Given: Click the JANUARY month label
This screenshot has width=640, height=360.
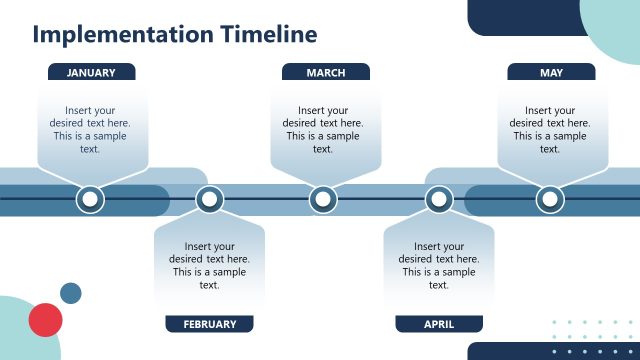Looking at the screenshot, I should coord(91,72).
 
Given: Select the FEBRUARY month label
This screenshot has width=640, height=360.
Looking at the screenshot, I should coord(209,324).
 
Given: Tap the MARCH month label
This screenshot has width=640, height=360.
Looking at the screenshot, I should coord(325,72).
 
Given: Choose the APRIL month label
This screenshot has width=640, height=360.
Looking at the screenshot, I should coord(438,324).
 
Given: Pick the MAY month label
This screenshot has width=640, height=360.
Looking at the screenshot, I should coord(551,72).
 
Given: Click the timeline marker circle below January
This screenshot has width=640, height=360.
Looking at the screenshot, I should coord(90,200).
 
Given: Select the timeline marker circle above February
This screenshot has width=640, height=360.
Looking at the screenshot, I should coord(209,200).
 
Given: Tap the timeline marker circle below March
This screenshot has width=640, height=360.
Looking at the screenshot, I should coord(323,200).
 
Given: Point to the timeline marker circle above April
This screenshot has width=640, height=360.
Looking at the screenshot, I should coord(439,200).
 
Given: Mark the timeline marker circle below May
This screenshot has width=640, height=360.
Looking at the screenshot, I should coord(550,200).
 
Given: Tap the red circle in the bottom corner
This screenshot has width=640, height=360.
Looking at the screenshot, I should coord(46,320).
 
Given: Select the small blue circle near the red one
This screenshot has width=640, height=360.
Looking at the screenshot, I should coord(71,293).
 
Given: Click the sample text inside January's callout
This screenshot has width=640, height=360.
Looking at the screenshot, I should coord(90,130).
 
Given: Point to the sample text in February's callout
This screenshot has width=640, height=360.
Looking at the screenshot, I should coord(209,265).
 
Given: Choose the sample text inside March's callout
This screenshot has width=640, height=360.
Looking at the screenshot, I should coord(323,130).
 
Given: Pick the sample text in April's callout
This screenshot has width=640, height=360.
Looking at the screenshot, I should coord(439,265).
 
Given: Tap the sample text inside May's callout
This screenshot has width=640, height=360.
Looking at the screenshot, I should coord(550,130).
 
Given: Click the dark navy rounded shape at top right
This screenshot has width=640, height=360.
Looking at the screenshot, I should coord(520,15).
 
